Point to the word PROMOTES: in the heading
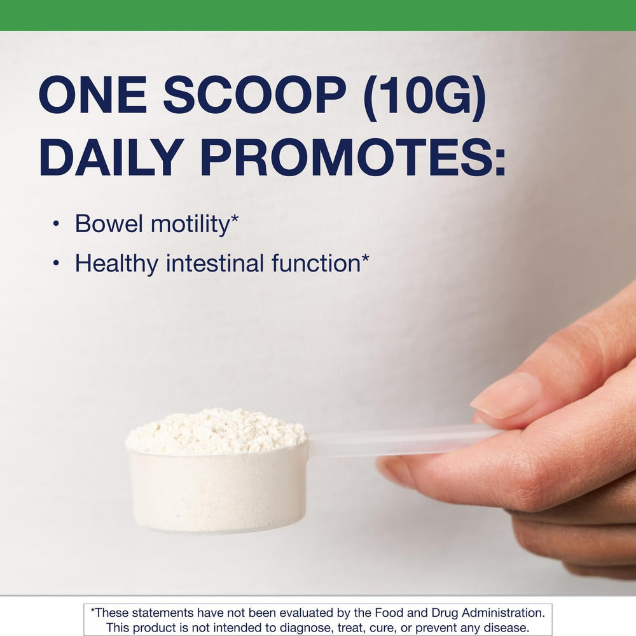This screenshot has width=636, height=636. [x=353, y=156]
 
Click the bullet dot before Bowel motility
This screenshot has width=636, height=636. [x=57, y=225]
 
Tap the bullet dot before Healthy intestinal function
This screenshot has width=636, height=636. [x=57, y=264]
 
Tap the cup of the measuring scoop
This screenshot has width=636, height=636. [x=216, y=490]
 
